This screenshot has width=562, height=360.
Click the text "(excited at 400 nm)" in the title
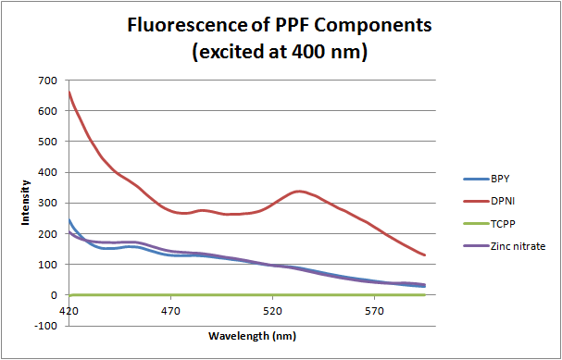coord(281,53)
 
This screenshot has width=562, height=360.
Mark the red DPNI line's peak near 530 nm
coord(298,192)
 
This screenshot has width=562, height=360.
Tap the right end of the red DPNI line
coord(424,254)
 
